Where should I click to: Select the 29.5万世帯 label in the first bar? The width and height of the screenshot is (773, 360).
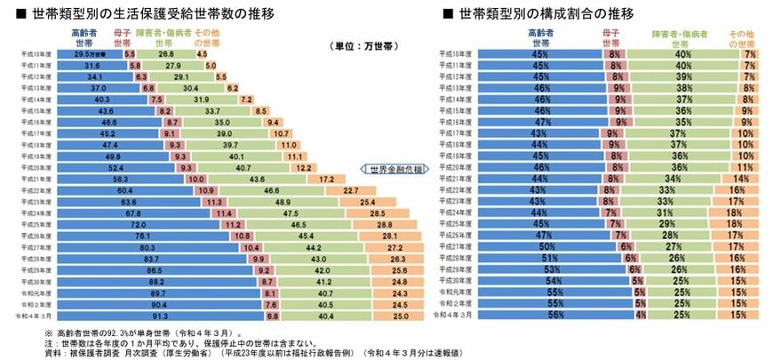pyautogui.click(x=91, y=53)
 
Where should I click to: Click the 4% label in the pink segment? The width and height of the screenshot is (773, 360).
pyautogui.click(x=640, y=315)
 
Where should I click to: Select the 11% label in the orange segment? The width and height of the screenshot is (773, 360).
pyautogui.click(x=748, y=166)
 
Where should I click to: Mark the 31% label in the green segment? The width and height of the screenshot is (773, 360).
pyautogui.click(x=681, y=212)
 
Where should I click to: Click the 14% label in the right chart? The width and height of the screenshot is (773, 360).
pyautogui.click(x=741, y=178)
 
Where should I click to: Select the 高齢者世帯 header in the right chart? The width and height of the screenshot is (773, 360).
pyautogui.click(x=539, y=36)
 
